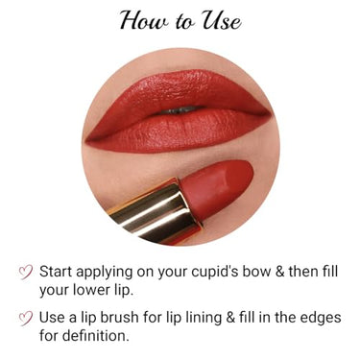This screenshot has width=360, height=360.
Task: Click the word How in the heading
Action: click(144, 20)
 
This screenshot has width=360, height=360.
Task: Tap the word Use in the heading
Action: click(218, 20)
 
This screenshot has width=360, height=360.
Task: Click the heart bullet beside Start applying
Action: click(26, 272)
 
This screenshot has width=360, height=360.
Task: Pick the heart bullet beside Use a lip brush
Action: click(26, 319)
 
